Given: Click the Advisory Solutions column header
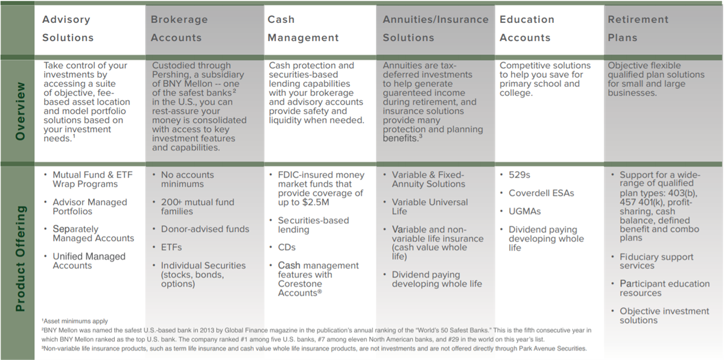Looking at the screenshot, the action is [68, 28].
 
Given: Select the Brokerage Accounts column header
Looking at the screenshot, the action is [179, 28].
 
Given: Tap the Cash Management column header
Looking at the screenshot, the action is [303, 28].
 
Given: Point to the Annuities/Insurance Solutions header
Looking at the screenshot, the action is [436, 28].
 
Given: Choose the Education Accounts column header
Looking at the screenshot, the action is [527, 28].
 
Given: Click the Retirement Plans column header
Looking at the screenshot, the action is [638, 28].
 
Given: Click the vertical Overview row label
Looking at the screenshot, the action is [20, 111].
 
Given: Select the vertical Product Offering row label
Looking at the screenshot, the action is [20, 259].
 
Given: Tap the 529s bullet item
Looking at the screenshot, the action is [519, 175].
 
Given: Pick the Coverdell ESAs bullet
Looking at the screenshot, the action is [541, 193].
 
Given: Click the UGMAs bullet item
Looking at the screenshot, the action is [524, 211].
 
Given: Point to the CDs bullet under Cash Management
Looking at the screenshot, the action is [287, 248].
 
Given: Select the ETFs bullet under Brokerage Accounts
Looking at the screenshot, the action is [171, 248].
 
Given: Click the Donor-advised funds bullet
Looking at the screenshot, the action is [205, 229].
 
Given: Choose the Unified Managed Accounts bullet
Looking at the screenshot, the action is [89, 261].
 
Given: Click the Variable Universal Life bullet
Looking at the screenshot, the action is [430, 207].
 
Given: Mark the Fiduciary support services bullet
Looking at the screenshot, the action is [656, 262].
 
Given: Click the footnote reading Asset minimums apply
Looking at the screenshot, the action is [75, 321].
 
